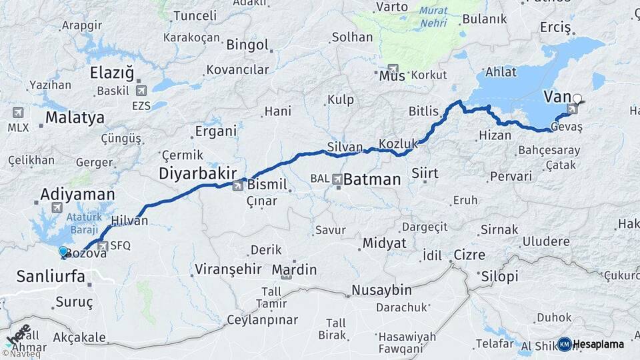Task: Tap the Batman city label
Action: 372,179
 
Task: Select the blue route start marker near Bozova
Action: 63,252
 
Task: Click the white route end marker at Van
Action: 577,99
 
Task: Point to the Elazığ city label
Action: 112,73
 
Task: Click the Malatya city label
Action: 75,118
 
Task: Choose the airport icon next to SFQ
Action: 102,246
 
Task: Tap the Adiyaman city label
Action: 77,195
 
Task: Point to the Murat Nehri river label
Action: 434,17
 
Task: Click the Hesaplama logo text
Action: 599,345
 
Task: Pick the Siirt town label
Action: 425,173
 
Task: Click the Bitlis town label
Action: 424,111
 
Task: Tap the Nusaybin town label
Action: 381,290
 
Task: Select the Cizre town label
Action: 469,254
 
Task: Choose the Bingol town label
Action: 247,45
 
